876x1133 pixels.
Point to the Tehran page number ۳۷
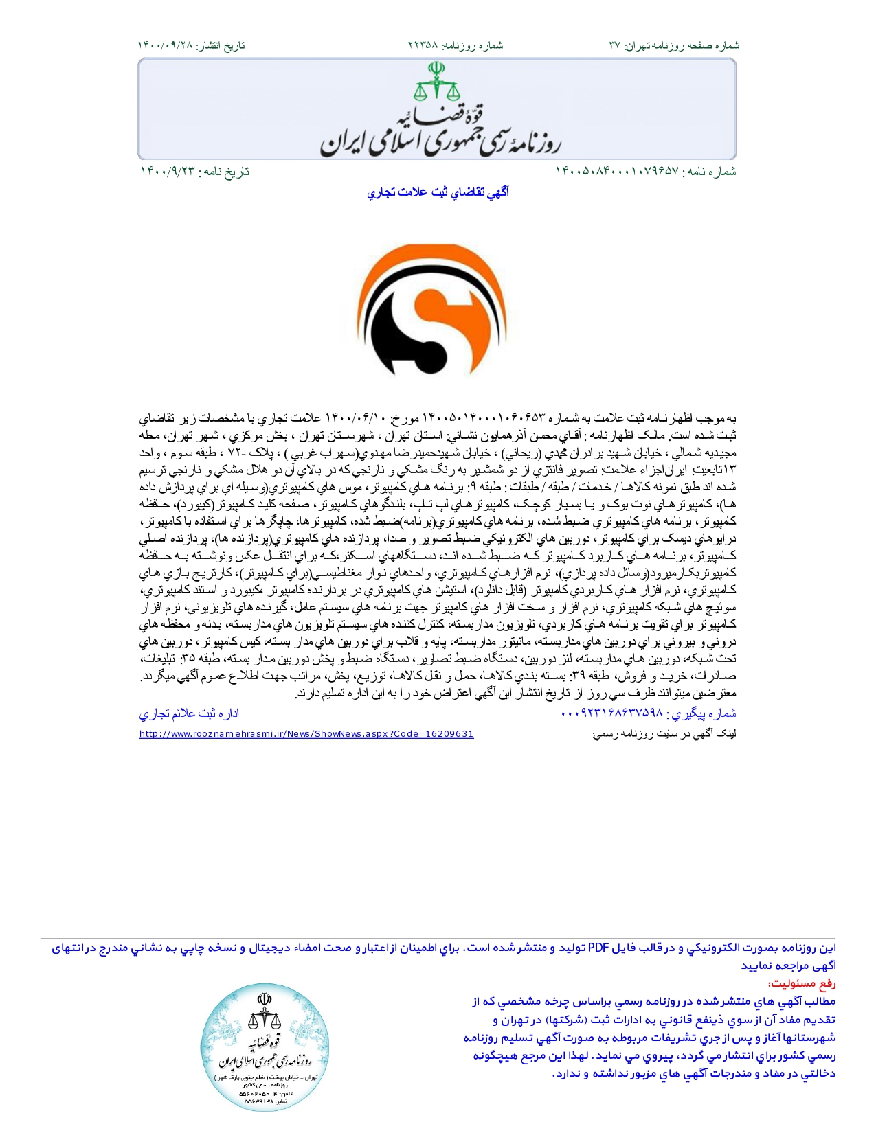(x=615, y=45)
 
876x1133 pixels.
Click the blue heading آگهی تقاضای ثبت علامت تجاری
(x=438, y=193)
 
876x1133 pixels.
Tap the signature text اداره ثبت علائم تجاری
(x=189, y=713)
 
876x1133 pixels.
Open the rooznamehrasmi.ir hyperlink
(x=306, y=734)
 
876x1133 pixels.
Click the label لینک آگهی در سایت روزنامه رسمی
(x=664, y=734)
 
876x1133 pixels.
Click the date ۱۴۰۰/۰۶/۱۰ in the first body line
(x=356, y=418)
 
